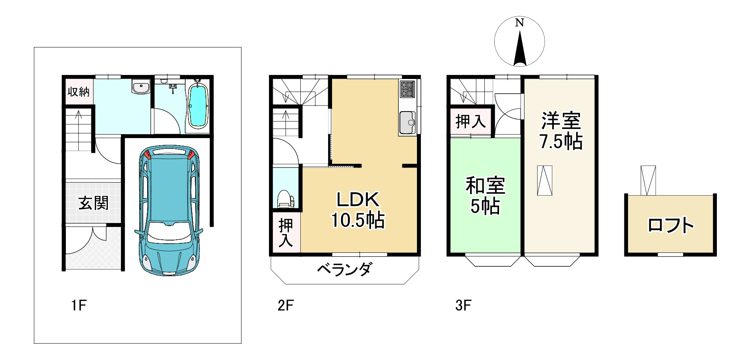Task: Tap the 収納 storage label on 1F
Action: (79, 92)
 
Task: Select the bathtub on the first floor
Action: (197, 106)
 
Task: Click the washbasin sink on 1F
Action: (140, 87)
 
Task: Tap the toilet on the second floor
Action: (285, 199)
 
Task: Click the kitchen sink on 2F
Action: (407, 123)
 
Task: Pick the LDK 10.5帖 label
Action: (358, 210)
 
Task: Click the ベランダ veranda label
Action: (344, 270)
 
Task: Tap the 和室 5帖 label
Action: (485, 196)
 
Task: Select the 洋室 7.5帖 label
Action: (561, 131)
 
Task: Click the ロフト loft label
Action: (670, 225)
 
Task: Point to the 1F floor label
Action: (79, 306)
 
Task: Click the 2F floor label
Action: (285, 306)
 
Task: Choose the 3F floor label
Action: (463, 306)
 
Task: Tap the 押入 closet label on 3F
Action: (471, 121)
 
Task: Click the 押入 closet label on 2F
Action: (286, 233)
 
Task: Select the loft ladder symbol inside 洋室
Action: (545, 180)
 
